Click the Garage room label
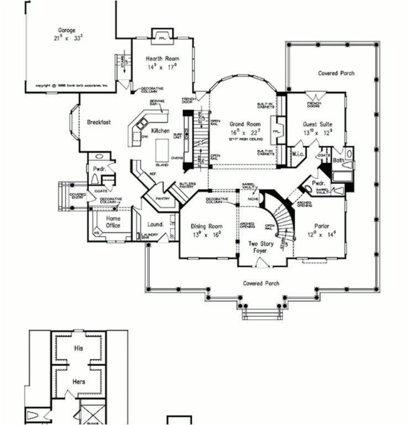pos(66,30)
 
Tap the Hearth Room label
pos(162,59)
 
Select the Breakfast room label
pos(98,122)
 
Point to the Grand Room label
pos(245,125)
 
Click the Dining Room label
pos(206,226)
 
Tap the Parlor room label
pos(322,226)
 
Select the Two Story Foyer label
pos(260,247)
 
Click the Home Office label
pos(113,222)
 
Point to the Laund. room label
pos(155,224)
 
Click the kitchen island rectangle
pos(161,150)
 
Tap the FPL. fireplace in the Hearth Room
pos(163,39)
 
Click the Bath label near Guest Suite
pos(338,160)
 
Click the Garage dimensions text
pos(66,38)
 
